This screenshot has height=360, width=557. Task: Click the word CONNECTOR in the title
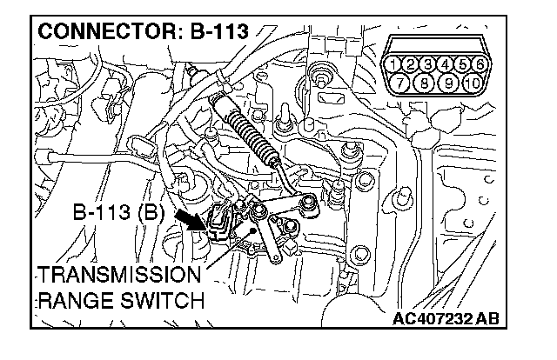coord(104,32)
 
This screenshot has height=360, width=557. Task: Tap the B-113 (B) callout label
coord(118,210)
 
